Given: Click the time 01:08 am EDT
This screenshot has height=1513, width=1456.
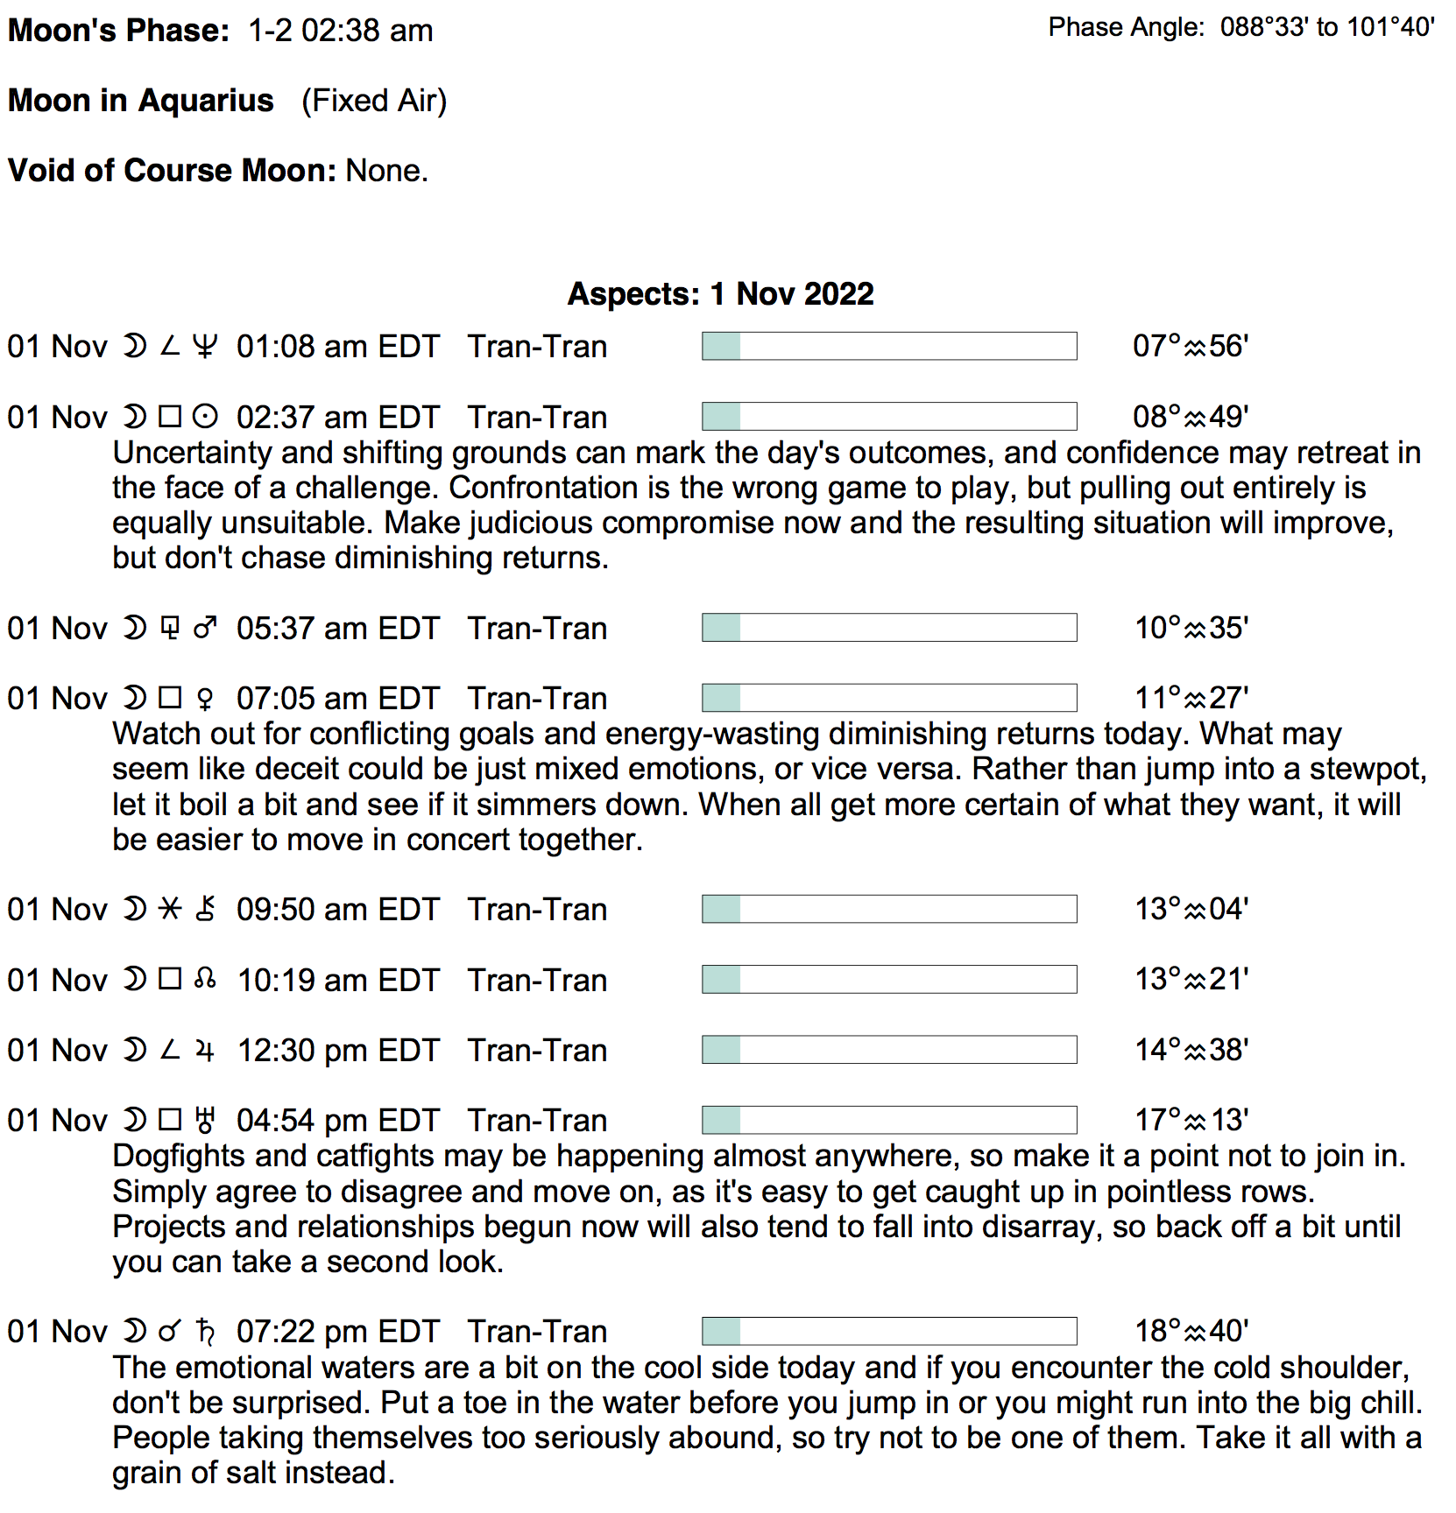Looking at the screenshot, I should click(x=337, y=347).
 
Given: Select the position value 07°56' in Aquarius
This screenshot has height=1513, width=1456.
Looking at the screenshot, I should click(x=1190, y=347).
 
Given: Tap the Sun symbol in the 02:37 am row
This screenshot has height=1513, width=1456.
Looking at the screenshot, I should click(x=205, y=417).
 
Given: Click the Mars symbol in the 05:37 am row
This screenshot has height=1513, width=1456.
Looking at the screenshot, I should click(x=205, y=628).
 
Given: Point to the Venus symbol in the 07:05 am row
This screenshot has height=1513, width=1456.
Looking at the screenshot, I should click(x=205, y=699).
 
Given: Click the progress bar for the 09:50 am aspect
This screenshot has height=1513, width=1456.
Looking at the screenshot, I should click(x=888, y=909).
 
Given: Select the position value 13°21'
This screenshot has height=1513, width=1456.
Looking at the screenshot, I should click(x=1191, y=979).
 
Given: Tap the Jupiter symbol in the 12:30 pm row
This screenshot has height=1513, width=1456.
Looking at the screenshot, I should click(x=205, y=1050).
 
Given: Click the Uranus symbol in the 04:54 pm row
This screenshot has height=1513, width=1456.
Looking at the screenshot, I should click(x=205, y=1120).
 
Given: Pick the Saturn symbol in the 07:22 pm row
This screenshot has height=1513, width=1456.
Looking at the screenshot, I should click(x=205, y=1331).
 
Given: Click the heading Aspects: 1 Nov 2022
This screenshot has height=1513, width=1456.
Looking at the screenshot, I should click(x=720, y=294).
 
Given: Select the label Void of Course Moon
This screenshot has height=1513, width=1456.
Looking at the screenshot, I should click(x=172, y=171).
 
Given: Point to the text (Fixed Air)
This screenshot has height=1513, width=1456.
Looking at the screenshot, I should click(x=374, y=101).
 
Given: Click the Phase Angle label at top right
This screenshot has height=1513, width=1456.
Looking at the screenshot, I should click(x=1127, y=28).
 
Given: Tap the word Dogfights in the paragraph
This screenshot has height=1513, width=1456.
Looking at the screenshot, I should click(x=179, y=1156).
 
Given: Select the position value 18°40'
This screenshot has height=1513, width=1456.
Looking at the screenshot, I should click(x=1191, y=1331).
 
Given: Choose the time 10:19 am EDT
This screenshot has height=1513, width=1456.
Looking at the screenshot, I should click(x=337, y=980).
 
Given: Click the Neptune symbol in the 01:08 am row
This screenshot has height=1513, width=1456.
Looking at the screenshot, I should click(x=205, y=347).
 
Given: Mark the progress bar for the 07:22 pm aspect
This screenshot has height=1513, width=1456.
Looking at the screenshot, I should click(x=888, y=1331).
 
